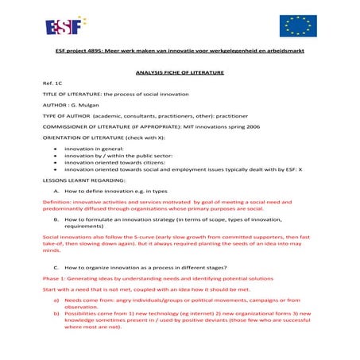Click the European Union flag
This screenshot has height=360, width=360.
pyautogui.click(x=298, y=25)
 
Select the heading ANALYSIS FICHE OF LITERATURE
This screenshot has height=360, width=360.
pyautogui.click(x=180, y=72)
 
